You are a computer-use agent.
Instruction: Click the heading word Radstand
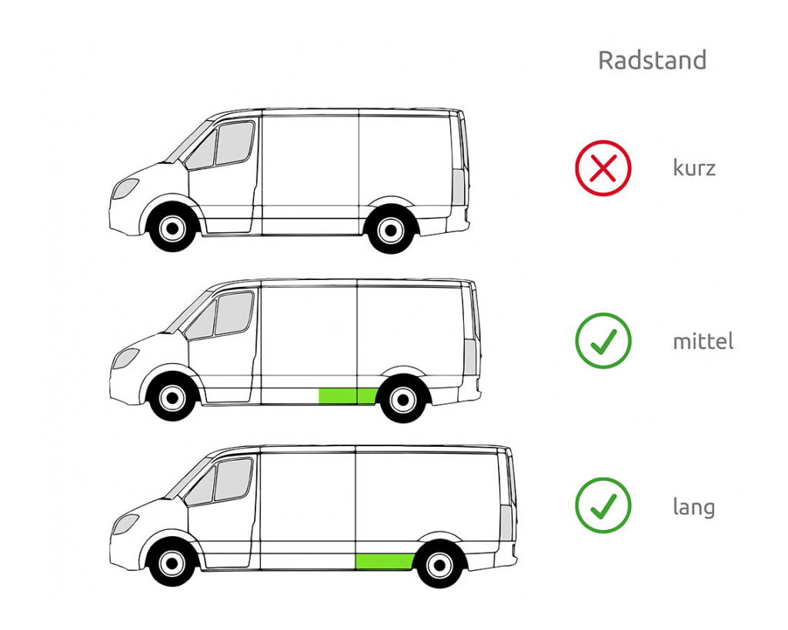tap(652, 60)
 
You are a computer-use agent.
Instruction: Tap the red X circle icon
tap(603, 168)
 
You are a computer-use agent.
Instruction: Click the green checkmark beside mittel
tap(603, 341)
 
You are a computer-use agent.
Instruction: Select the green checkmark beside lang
tap(603, 505)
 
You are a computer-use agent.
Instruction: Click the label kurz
tap(694, 167)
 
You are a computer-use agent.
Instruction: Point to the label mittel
tap(703, 341)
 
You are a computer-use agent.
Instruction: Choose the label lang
tap(694, 507)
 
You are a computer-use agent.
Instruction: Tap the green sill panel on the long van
tap(385, 562)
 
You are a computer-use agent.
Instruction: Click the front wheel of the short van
tap(172, 229)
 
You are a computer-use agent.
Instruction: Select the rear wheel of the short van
tap(391, 231)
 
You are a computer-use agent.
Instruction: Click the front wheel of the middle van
tap(172, 398)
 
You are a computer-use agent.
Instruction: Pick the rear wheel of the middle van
tap(403, 399)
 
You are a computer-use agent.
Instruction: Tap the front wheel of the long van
tap(172, 563)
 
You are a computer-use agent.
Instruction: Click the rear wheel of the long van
tap(439, 565)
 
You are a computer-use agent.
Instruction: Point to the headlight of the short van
tap(125, 188)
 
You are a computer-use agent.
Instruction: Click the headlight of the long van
tap(125, 525)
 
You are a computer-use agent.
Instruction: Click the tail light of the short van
tap(459, 187)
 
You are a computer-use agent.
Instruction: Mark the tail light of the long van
tap(506, 523)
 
